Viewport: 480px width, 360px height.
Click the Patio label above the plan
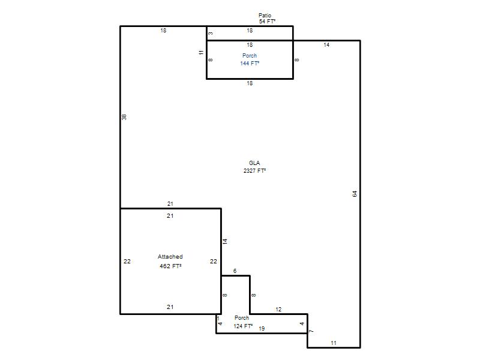(265, 16)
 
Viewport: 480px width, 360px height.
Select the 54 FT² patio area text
(267, 22)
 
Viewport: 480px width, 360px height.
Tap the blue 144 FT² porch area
(250, 64)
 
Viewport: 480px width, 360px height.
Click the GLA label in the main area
(254, 163)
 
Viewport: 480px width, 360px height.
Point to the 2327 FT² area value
(254, 170)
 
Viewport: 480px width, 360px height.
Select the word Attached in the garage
(170, 257)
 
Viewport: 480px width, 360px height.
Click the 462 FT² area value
(170, 266)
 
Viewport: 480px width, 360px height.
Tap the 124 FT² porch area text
(243, 326)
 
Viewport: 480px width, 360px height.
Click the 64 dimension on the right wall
(355, 194)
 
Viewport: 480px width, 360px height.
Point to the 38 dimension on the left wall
(124, 117)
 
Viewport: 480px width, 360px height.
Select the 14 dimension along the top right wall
(326, 44)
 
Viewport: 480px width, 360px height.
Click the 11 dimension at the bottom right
(334, 343)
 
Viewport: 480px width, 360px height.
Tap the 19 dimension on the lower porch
(262, 328)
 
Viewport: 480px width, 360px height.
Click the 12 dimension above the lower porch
(278, 310)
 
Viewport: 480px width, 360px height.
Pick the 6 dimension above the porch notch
(235, 271)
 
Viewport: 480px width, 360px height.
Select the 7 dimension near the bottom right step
(311, 331)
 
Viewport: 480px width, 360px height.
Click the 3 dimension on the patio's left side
(211, 34)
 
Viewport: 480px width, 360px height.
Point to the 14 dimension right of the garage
(225, 241)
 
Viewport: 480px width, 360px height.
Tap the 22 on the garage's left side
(127, 262)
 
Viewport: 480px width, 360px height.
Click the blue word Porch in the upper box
(250, 56)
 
